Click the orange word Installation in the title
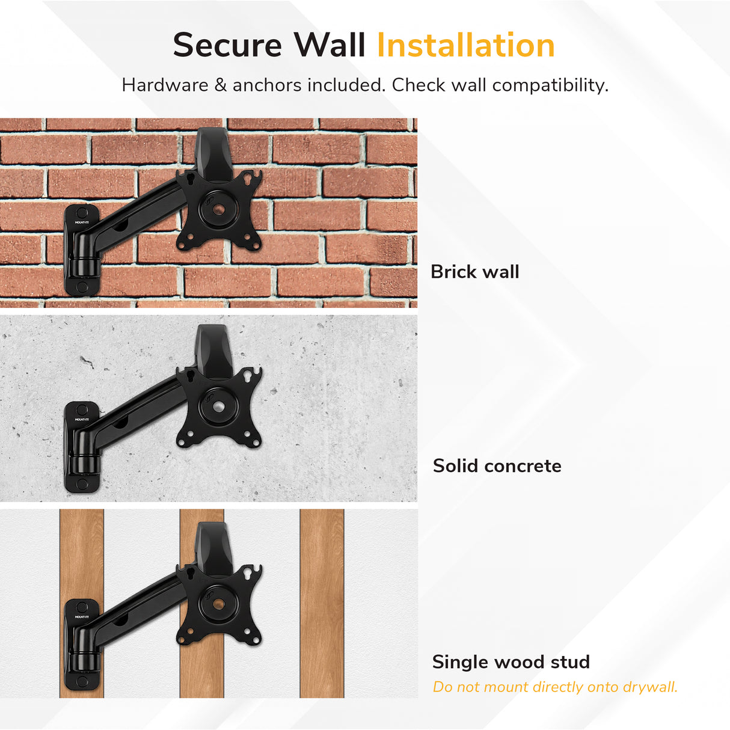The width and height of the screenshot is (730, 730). coord(465,46)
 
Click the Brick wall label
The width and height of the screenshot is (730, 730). coord(474,272)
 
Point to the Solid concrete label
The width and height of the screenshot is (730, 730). coord(497,466)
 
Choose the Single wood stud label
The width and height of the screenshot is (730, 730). coord(511,662)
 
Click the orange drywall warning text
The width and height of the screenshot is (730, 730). coord(555,687)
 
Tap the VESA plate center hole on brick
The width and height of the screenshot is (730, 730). coord(219,210)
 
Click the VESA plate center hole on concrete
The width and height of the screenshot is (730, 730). coord(219,406)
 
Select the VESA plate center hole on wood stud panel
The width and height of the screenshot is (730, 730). coord(219,603)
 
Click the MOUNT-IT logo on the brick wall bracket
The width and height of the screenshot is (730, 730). coord(82,222)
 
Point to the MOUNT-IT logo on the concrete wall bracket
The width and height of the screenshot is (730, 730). coord(82,419)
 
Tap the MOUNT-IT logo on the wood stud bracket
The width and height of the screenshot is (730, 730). coord(82,616)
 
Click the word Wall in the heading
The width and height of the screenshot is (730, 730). coord(330,46)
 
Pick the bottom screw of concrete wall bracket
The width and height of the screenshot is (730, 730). coord(82,483)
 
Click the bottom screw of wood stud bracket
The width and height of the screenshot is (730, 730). coord(82,681)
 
